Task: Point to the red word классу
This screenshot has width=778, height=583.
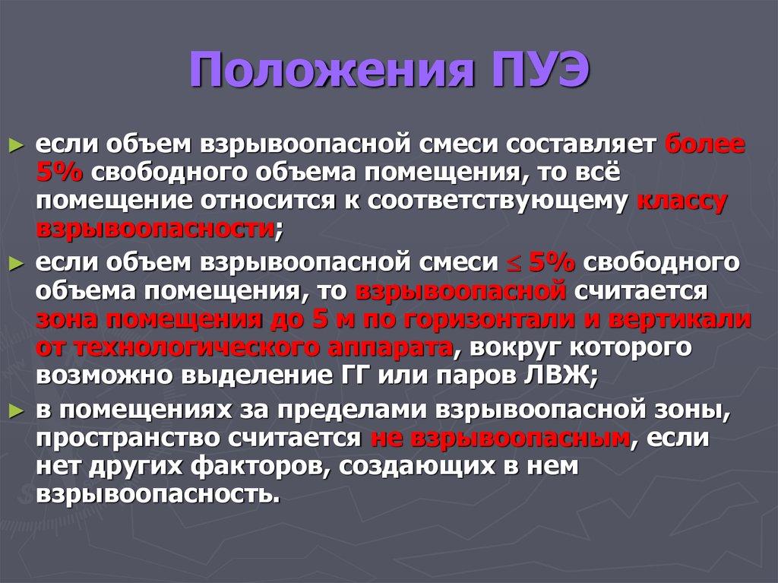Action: click(683, 201)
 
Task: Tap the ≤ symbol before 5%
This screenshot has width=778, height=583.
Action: click(514, 263)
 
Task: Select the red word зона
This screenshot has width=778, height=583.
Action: click(71, 319)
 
